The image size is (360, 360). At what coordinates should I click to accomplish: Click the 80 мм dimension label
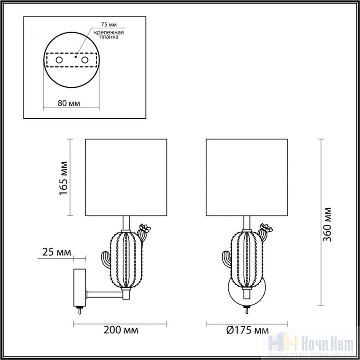point(69,103)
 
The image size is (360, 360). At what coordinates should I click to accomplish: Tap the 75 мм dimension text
point(109,24)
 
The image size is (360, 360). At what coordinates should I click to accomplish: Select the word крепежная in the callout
point(109,32)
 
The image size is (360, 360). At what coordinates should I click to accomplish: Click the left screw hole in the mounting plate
point(59,60)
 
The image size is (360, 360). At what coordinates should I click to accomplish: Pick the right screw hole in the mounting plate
point(85,60)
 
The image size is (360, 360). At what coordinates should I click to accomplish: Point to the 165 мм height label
point(63,178)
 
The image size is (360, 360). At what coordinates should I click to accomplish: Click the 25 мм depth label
point(57,252)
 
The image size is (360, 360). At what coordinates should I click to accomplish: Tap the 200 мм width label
point(121,330)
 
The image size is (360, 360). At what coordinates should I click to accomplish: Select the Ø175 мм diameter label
point(247,330)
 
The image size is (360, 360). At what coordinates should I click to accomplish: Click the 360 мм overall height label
point(328,225)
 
